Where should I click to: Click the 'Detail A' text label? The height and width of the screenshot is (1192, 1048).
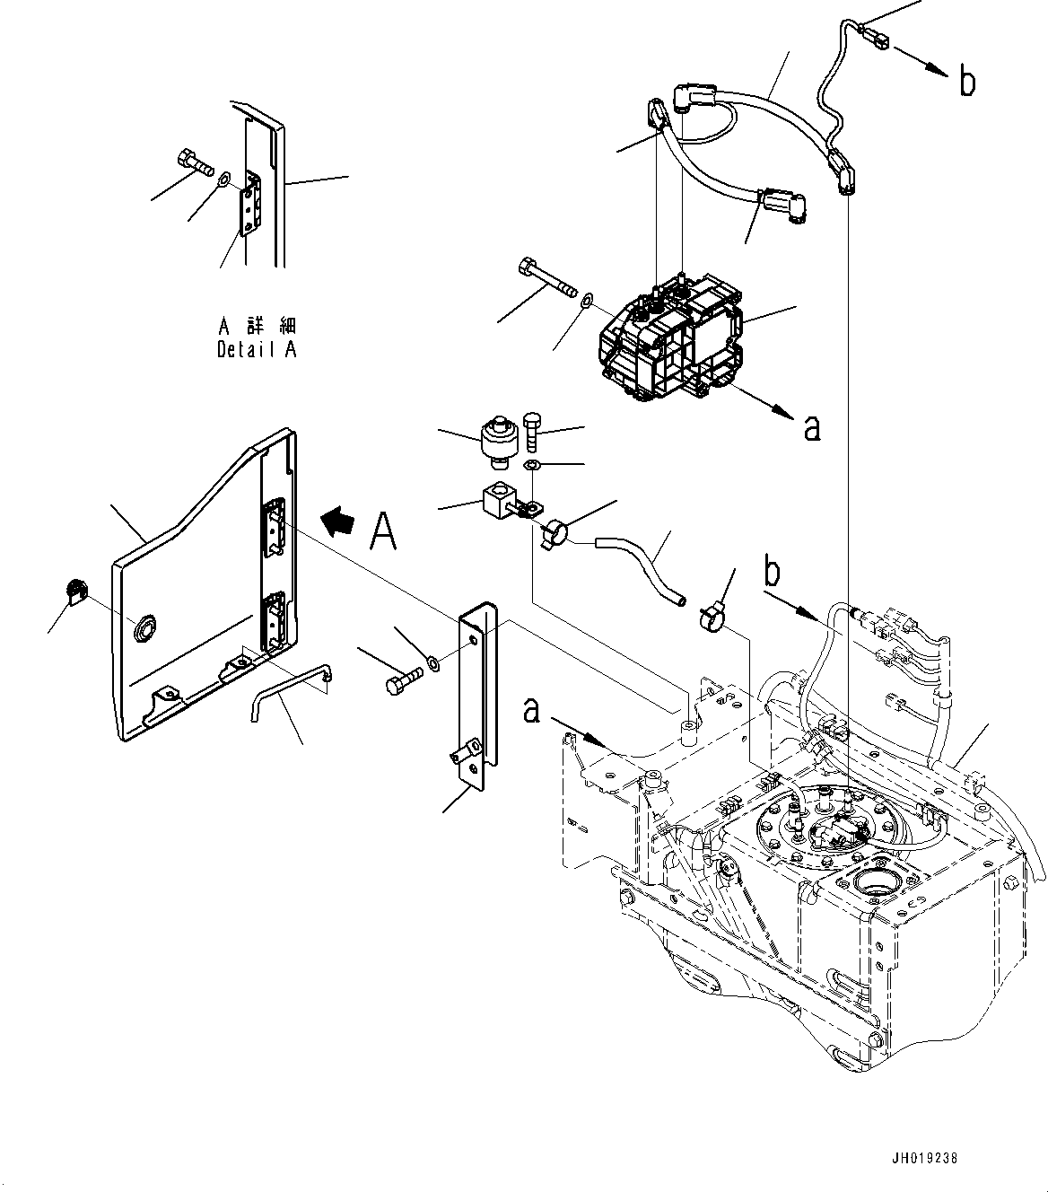(x=257, y=350)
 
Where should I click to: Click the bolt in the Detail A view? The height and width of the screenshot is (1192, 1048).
(x=195, y=162)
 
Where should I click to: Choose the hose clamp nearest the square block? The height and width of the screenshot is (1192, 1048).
(x=555, y=533)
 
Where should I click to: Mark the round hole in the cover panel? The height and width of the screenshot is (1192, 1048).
(x=142, y=629)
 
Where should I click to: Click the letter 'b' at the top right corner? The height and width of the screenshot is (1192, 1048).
(x=966, y=83)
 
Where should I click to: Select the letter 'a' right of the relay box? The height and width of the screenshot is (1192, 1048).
(x=811, y=428)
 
